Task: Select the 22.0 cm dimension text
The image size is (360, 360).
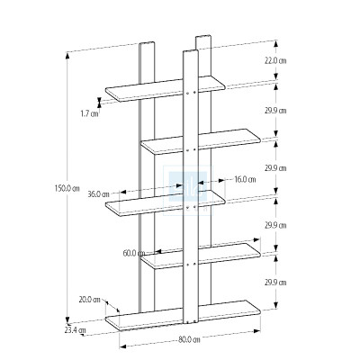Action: coord(275,60)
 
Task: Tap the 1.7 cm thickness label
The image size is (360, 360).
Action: coord(89,113)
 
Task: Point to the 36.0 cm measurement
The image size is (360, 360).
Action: coord(98,193)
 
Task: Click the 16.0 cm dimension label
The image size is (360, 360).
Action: coord(245,179)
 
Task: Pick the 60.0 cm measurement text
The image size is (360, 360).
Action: coord(134,253)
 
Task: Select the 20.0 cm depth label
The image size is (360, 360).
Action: coord(88,300)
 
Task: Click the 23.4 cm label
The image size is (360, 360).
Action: coord(76,330)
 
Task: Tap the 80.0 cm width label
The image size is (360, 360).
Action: coord(189,339)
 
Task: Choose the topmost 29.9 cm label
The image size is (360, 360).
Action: coord(275,111)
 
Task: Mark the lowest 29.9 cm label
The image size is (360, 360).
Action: coord(275,283)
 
